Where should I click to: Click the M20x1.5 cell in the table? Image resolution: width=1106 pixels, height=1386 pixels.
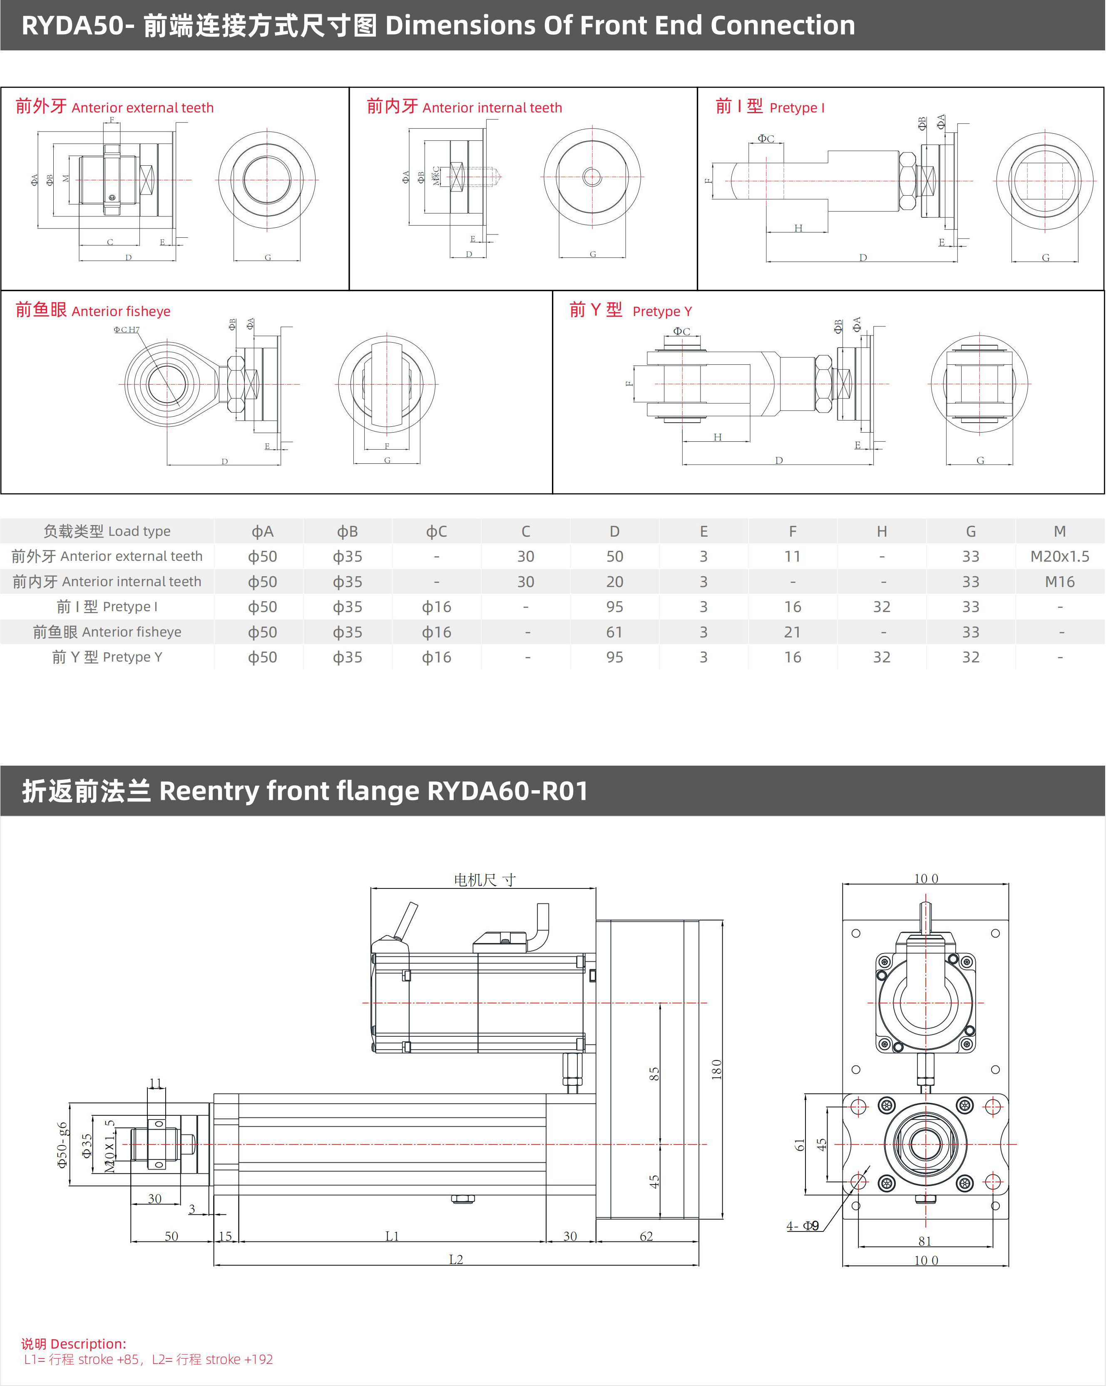pyautogui.click(x=1059, y=556)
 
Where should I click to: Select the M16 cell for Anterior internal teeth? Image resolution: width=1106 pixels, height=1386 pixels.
pyautogui.click(x=1059, y=582)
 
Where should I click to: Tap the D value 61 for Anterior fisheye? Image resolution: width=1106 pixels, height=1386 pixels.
pyautogui.click(x=614, y=632)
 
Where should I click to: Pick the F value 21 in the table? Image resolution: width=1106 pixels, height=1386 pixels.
pyautogui.click(x=793, y=632)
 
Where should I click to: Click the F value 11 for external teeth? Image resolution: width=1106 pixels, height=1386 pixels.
pyautogui.click(x=793, y=556)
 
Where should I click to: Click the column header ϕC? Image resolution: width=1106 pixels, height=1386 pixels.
pyautogui.click(x=436, y=532)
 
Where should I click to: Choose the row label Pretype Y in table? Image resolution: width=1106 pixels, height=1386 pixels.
pyautogui.click(x=107, y=657)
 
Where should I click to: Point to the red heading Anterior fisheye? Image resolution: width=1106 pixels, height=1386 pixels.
pyautogui.click(x=93, y=311)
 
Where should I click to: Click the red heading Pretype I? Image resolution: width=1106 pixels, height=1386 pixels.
pyautogui.click(x=770, y=107)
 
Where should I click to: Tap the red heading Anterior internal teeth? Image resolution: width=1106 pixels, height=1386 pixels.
pyautogui.click(x=464, y=107)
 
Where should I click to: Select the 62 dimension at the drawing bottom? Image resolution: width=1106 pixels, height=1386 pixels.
pyautogui.click(x=646, y=1236)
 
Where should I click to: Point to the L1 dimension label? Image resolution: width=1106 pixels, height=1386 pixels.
pyautogui.click(x=392, y=1236)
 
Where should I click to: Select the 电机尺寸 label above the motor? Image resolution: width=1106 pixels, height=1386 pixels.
pyautogui.click(x=485, y=879)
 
